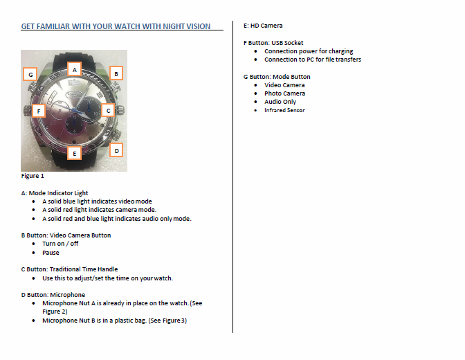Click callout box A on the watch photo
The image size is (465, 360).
[x=75, y=69]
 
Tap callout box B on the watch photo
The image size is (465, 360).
[x=116, y=73]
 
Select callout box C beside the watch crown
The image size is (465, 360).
[x=107, y=109]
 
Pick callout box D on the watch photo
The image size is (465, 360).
[x=116, y=150]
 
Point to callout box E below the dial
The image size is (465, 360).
[x=75, y=152]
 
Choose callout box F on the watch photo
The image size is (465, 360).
[x=39, y=110]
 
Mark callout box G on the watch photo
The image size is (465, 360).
[x=30, y=73]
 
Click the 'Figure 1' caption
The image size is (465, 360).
[x=33, y=176]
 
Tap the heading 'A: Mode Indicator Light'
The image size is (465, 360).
[x=55, y=193]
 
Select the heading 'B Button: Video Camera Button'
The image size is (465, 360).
[x=66, y=235]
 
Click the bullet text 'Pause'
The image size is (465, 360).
[x=51, y=253]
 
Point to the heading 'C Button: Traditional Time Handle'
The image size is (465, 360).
[x=69, y=269]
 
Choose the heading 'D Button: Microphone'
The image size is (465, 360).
[x=53, y=295]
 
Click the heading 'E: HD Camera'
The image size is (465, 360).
[x=263, y=26]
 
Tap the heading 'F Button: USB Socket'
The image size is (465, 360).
[x=273, y=43]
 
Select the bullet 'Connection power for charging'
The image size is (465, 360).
[x=308, y=51]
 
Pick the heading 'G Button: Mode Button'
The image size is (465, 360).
[x=277, y=77]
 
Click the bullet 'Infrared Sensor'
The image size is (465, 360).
[x=284, y=110]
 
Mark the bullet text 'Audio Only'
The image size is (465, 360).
[x=280, y=102]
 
